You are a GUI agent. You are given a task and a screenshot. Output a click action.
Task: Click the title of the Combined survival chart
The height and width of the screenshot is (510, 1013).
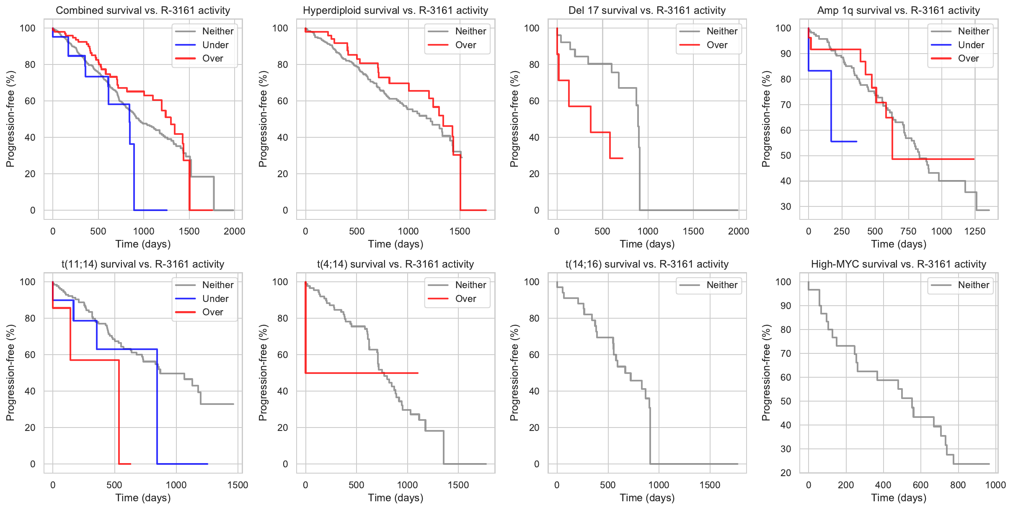(143, 10)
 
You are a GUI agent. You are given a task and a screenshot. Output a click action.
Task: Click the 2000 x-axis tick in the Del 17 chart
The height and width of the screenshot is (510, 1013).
(738, 231)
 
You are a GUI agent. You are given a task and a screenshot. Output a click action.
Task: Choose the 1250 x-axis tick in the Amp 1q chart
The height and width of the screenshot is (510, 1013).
(975, 231)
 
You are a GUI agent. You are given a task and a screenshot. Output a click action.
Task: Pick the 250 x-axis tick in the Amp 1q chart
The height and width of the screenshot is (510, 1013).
(842, 231)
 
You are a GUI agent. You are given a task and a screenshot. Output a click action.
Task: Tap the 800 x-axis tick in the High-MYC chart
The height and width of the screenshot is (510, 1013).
(958, 485)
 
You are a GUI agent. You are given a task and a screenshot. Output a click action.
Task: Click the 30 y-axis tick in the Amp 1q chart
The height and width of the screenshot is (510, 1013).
(786, 206)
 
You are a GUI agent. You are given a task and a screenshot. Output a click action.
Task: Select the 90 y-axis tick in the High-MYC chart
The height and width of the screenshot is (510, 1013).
(786, 306)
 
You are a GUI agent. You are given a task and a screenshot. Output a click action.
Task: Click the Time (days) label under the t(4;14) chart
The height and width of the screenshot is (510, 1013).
(395, 498)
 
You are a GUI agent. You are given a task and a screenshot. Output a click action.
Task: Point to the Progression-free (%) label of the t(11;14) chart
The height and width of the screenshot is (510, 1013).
(10, 373)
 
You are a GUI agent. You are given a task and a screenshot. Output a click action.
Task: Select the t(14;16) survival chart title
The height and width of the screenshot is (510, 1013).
(647, 264)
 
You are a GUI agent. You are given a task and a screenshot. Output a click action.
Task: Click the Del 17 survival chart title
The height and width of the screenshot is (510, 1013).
(647, 10)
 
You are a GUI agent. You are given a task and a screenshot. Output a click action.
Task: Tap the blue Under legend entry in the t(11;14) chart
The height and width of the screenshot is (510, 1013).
(215, 299)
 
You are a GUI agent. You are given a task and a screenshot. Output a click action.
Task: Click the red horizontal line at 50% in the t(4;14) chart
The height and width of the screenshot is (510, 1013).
(360, 373)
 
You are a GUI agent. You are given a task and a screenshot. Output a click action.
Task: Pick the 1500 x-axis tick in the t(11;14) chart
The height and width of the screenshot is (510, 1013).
(238, 485)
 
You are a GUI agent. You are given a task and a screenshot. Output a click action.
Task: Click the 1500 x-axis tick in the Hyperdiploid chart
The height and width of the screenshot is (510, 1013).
(460, 231)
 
